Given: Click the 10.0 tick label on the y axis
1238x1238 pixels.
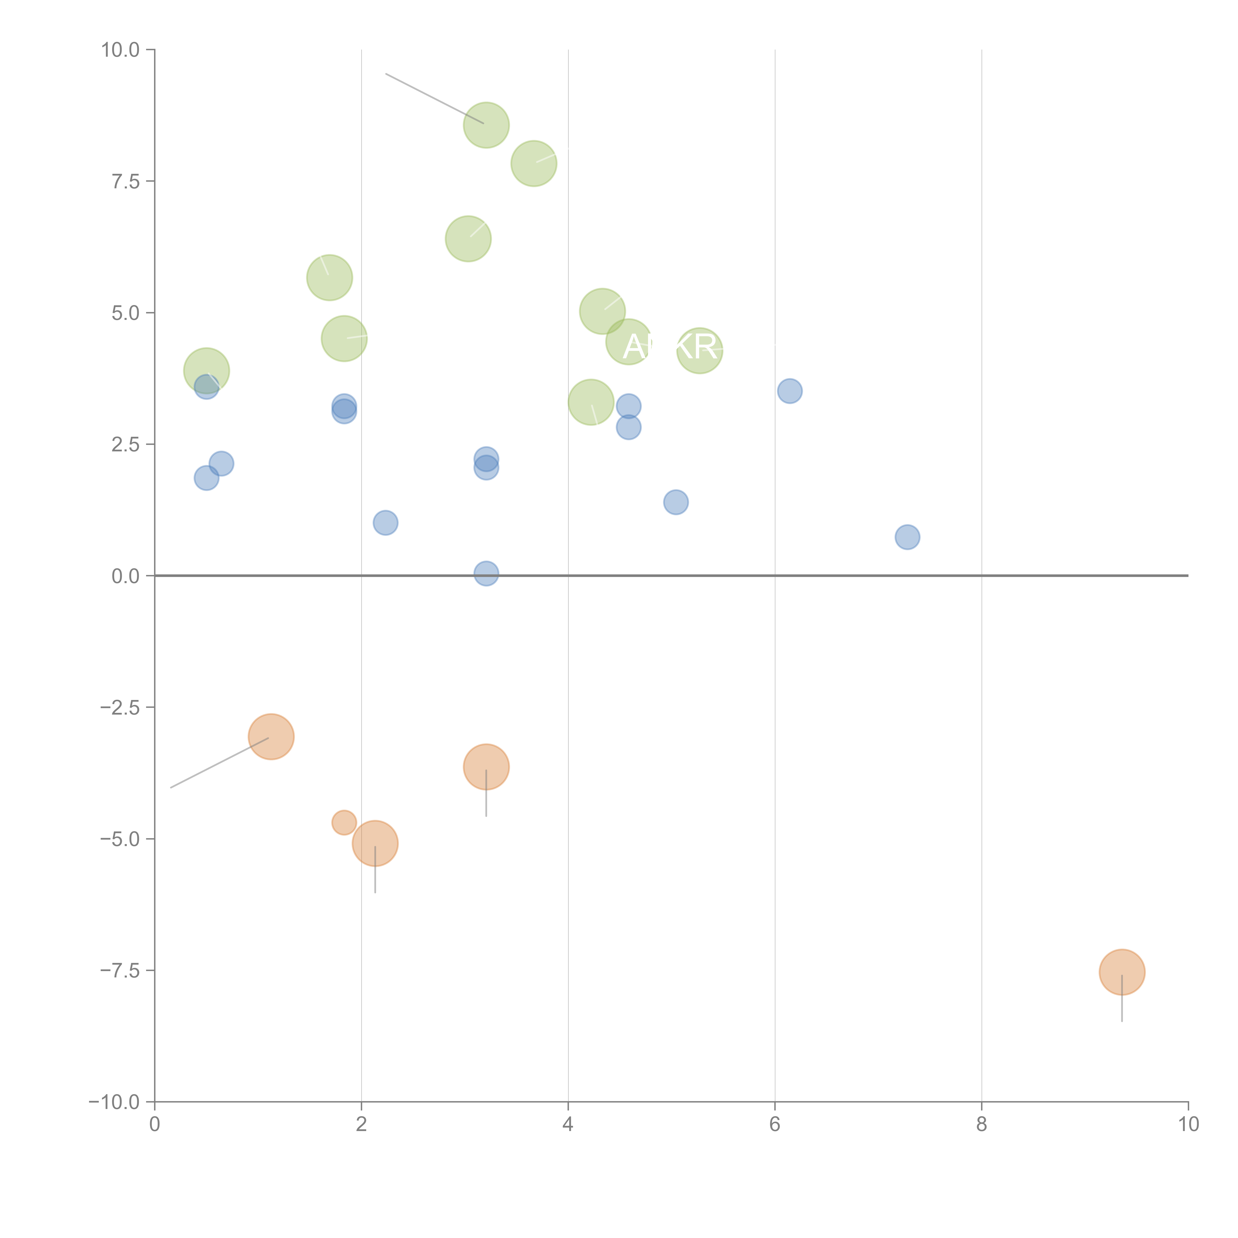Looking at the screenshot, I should click(121, 50).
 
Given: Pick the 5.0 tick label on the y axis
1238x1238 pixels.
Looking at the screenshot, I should click(126, 313).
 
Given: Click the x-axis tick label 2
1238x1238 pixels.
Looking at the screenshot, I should click(361, 1125).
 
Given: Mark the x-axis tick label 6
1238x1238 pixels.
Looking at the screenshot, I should click(775, 1125).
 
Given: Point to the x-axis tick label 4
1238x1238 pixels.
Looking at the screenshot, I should click(568, 1125).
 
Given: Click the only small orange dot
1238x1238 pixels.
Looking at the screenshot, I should click(344, 822).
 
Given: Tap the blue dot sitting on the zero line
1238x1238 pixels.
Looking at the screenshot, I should click(486, 573).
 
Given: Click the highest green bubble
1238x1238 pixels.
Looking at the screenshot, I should click(486, 125).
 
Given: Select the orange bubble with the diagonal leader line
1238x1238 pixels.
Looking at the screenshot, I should click(271, 736).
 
